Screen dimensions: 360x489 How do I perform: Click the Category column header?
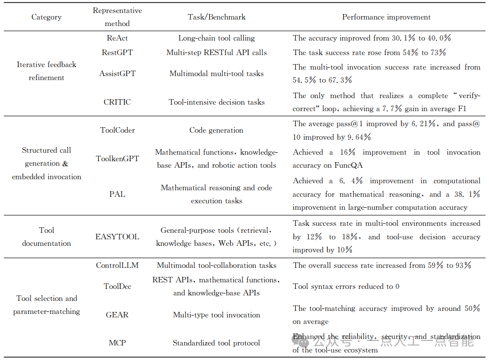click(47, 17)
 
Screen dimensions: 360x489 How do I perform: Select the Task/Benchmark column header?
click(217, 17)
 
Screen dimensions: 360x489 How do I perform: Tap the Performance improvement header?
click(386, 17)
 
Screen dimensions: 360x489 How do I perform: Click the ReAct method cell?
click(117, 38)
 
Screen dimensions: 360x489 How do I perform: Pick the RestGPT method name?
click(117, 53)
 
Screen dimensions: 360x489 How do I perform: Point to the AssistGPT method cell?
click(117, 74)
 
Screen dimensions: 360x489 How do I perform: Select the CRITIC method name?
click(117, 102)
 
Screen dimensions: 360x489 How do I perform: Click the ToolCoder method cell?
click(117, 130)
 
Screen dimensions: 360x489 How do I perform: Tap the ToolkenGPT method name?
click(117, 159)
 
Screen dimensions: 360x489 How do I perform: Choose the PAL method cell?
click(117, 194)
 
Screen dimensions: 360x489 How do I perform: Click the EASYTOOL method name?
click(117, 237)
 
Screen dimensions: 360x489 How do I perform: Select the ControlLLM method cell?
click(117, 265)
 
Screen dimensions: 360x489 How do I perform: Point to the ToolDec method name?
click(117, 286)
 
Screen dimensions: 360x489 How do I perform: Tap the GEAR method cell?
click(117, 315)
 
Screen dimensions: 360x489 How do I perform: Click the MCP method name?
click(117, 343)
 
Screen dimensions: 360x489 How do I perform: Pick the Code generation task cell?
click(216, 130)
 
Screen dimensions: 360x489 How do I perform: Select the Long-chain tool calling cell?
click(216, 38)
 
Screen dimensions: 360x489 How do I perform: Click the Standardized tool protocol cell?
click(216, 343)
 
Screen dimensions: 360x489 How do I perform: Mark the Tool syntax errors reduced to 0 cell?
click(346, 286)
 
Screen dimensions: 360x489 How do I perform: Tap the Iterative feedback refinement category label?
click(47, 71)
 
